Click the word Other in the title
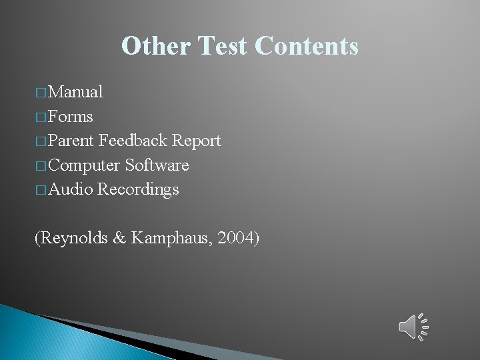(x=156, y=46)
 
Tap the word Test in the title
(x=223, y=46)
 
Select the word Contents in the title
(x=307, y=46)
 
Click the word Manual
(x=75, y=92)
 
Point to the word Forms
(x=71, y=117)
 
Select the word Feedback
(x=133, y=141)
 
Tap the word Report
(x=196, y=141)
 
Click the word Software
(x=157, y=165)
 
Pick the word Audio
(x=71, y=189)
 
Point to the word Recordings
(x=138, y=190)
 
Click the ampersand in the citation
(x=120, y=237)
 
